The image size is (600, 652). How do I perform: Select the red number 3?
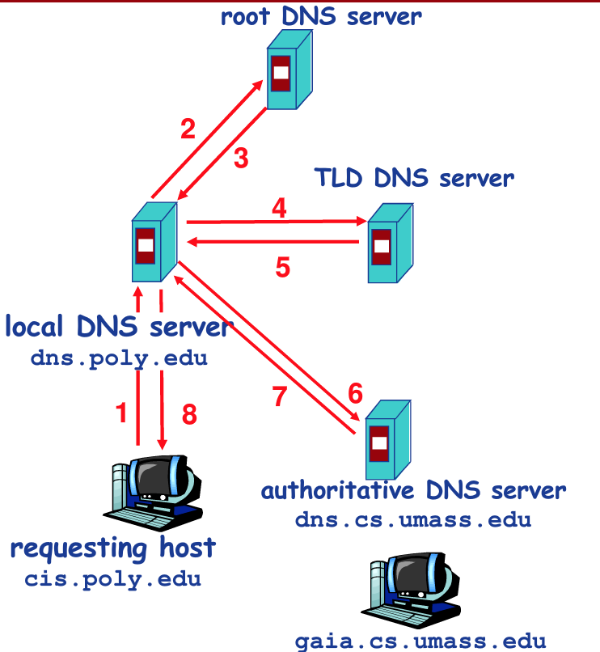pyautogui.click(x=241, y=159)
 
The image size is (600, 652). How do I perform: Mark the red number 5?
pyautogui.click(x=282, y=267)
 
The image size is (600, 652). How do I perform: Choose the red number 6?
pyautogui.click(x=356, y=393)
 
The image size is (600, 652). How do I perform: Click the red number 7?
pyautogui.click(x=280, y=399)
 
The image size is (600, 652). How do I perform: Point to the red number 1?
pyautogui.click(x=122, y=413)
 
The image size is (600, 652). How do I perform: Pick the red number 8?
pyautogui.click(x=188, y=414)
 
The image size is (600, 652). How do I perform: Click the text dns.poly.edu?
pyautogui.click(x=119, y=358)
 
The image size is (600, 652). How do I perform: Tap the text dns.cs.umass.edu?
pyautogui.click(x=412, y=519)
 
